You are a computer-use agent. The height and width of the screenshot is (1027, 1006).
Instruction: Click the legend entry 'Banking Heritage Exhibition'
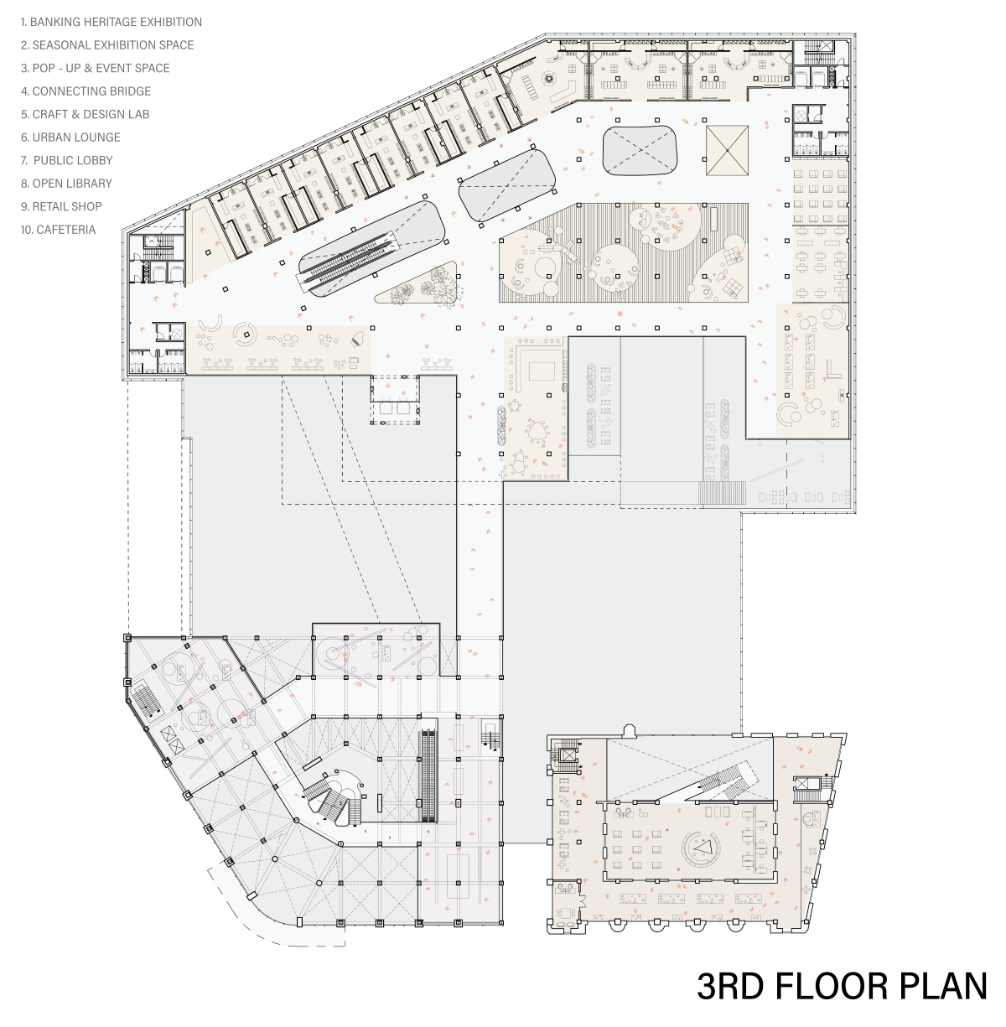click(x=111, y=22)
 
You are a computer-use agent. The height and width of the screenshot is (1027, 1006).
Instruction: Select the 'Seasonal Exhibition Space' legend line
click(x=107, y=44)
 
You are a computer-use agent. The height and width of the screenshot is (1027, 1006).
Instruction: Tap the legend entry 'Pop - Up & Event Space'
click(x=95, y=68)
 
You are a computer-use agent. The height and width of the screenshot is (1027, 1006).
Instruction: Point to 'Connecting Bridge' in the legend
click(x=86, y=91)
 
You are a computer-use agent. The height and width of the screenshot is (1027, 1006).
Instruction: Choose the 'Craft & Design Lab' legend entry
click(x=85, y=114)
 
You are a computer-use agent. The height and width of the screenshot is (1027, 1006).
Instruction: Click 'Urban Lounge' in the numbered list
click(x=70, y=137)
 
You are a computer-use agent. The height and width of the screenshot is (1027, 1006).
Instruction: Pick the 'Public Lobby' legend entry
click(x=66, y=160)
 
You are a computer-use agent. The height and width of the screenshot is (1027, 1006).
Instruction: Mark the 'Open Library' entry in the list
click(x=66, y=184)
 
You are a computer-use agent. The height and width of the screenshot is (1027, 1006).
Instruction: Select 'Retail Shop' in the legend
click(x=61, y=206)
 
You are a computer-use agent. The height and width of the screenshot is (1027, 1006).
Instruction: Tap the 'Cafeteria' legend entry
click(x=58, y=230)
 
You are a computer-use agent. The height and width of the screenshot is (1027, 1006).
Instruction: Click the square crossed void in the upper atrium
click(x=727, y=150)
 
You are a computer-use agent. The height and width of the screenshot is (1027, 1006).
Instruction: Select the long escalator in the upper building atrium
click(x=350, y=259)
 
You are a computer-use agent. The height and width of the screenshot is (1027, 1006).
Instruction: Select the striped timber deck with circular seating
click(x=623, y=252)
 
